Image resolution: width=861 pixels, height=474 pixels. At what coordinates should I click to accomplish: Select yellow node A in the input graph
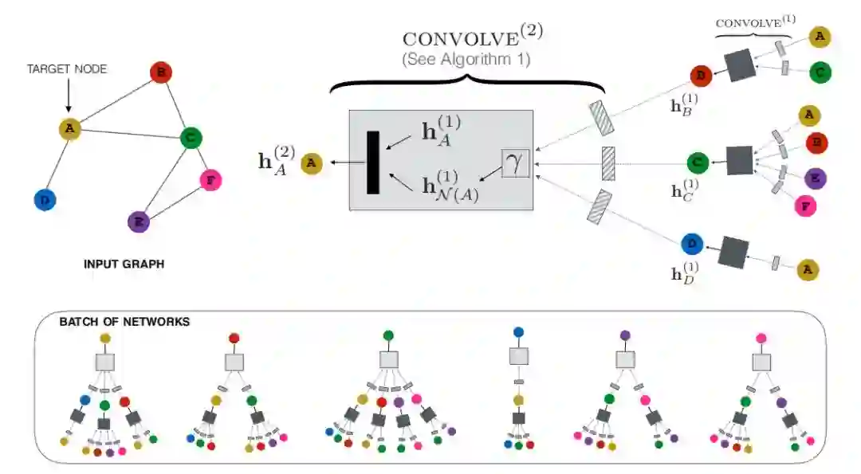(x=70, y=128)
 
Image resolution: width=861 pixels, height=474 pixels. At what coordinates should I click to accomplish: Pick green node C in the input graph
(x=190, y=138)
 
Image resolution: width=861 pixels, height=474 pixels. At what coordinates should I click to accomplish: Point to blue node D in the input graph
(x=45, y=200)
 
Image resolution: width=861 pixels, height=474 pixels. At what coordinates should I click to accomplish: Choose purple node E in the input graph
(x=140, y=221)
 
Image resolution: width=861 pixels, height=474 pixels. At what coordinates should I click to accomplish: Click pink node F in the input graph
(x=210, y=179)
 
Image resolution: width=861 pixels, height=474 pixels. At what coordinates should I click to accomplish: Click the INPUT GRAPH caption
(x=124, y=264)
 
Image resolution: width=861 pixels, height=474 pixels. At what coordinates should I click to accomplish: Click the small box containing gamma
(x=515, y=163)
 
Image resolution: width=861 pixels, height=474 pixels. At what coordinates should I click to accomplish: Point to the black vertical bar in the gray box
(x=372, y=163)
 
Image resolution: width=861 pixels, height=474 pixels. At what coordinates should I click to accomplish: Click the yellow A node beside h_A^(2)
(x=312, y=163)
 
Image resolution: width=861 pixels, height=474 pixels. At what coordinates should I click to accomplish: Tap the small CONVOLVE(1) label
(x=753, y=22)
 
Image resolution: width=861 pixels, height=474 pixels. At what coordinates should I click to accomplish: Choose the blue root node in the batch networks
(x=518, y=331)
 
